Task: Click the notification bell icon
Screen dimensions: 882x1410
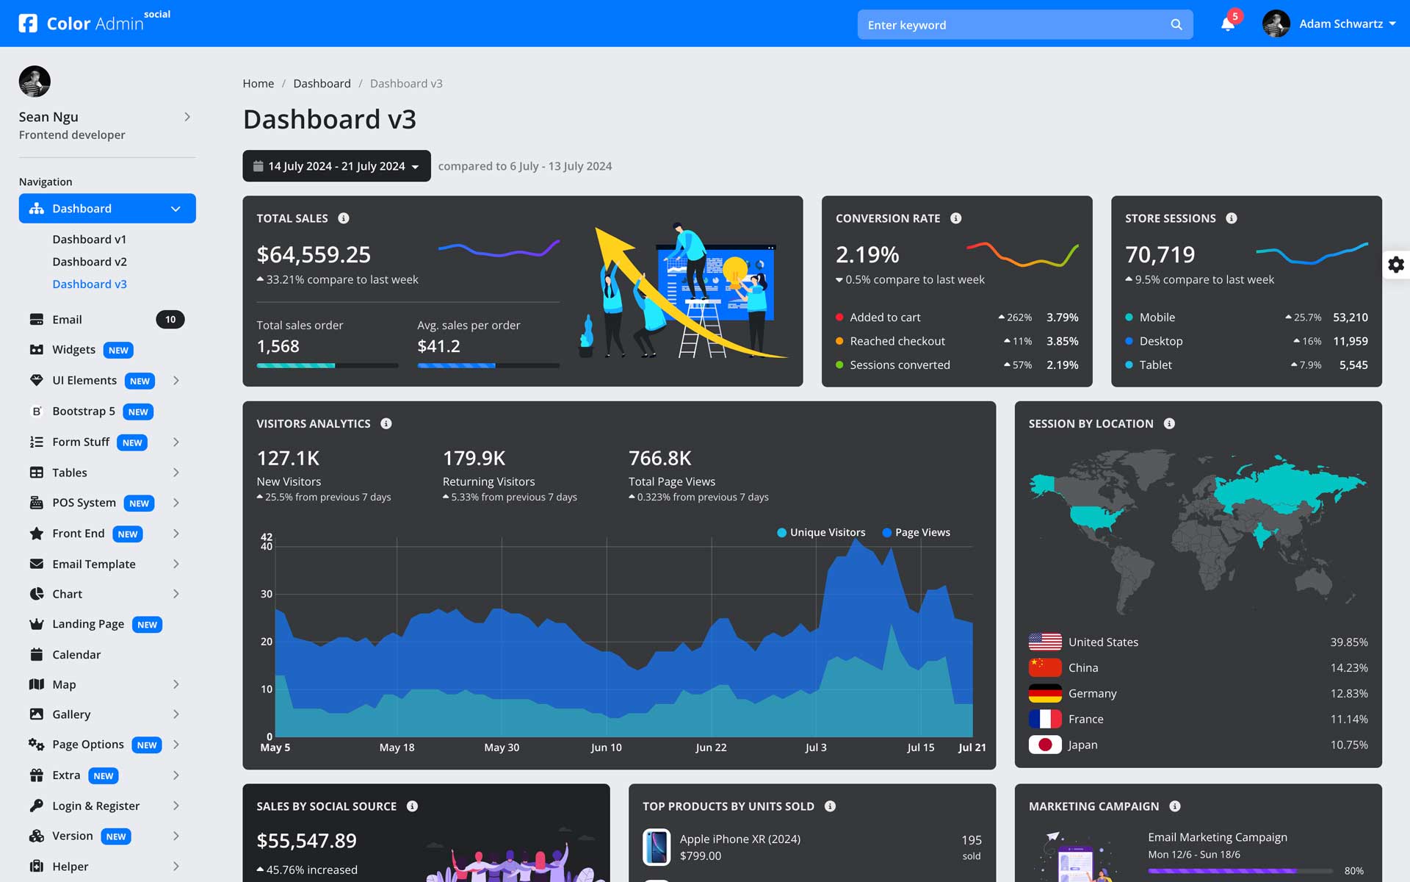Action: [1227, 24]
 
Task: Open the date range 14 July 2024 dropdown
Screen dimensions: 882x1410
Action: [336, 166]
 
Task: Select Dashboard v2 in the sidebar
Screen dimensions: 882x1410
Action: [90, 262]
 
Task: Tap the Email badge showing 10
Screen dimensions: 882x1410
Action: [170, 320]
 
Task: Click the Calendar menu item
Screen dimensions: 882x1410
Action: [76, 654]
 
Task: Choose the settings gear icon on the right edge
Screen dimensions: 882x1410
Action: [1395, 265]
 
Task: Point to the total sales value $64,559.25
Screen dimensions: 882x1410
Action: [314, 254]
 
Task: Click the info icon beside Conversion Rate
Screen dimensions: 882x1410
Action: [955, 218]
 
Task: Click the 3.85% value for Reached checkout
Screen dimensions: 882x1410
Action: [1062, 341]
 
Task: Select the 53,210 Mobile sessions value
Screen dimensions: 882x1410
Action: [1350, 318]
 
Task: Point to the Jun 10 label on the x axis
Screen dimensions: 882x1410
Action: [606, 747]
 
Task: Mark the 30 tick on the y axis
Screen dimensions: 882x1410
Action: [267, 594]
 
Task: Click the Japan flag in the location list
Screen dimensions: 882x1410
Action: [1045, 745]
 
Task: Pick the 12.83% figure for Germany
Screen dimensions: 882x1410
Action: [1348, 693]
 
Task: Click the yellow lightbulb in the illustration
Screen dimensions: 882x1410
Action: [734, 269]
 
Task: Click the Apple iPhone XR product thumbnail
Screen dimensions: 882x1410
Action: [657, 847]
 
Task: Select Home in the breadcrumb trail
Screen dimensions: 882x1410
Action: [258, 84]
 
